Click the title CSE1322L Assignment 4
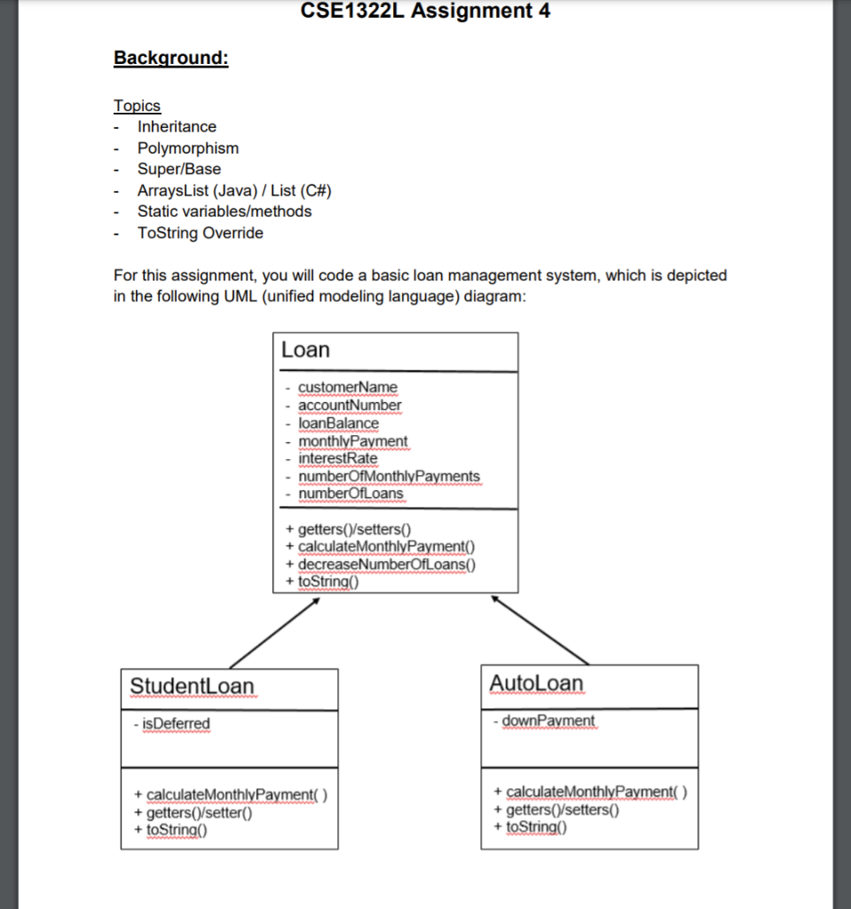click(x=425, y=12)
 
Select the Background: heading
click(x=171, y=59)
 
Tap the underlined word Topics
click(x=137, y=106)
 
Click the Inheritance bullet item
click(x=177, y=127)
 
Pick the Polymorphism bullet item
click(x=187, y=148)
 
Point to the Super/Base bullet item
click(x=178, y=169)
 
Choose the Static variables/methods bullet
click(x=224, y=211)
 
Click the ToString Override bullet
click(x=200, y=233)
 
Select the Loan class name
click(x=305, y=350)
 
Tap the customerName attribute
click(x=347, y=388)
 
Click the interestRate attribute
click(x=337, y=458)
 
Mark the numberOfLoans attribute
click(x=350, y=494)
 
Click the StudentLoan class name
click(x=192, y=686)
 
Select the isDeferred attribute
click(x=172, y=723)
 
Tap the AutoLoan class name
click(x=536, y=684)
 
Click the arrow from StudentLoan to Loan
click(x=274, y=632)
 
